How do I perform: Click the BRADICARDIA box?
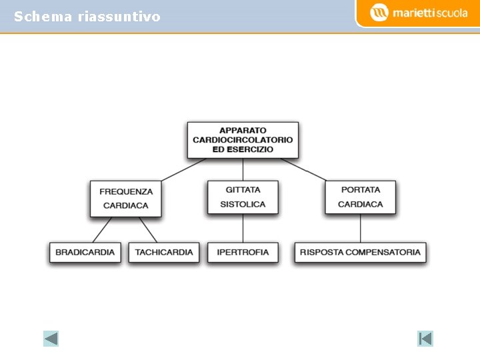point(85,253)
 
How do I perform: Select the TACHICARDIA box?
point(164,253)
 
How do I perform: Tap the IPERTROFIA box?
point(243,253)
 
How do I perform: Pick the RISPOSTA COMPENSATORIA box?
point(360,253)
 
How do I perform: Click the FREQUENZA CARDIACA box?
point(126,198)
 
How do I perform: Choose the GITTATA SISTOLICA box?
point(243,197)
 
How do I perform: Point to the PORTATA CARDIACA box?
point(361,197)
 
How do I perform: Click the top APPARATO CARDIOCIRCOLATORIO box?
point(243,140)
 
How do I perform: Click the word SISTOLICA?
point(243,204)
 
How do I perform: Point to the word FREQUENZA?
point(126,191)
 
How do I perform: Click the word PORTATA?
point(361,190)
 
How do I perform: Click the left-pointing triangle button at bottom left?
point(51,339)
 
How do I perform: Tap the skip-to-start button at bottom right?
point(425,339)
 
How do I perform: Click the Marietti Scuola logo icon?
point(379,12)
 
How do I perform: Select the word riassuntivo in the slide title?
point(119,17)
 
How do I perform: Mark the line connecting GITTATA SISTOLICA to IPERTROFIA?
point(243,229)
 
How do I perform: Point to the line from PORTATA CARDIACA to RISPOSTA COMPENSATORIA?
point(361,229)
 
